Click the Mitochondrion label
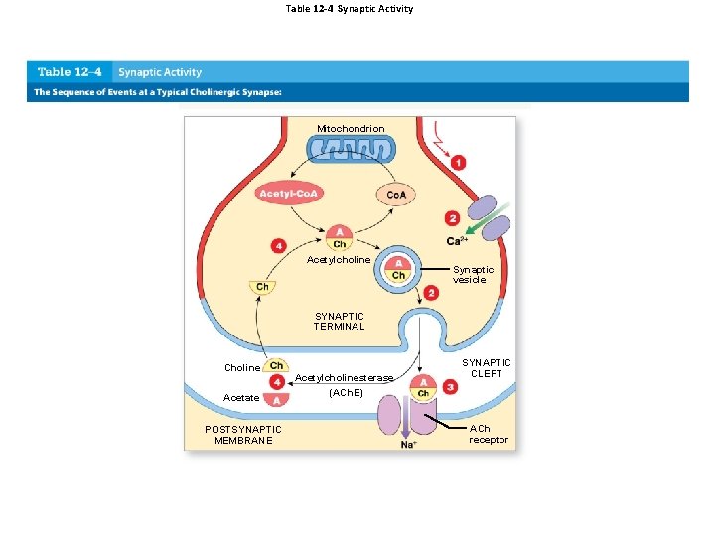pos(351,129)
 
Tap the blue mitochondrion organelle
pos(351,151)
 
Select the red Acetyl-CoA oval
pos(287,193)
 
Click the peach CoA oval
pos(395,195)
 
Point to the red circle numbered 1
pos(458,162)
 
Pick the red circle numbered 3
pos(451,387)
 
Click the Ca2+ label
pos(458,241)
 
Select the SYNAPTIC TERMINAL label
pos(340,321)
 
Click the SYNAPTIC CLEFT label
pos(487,368)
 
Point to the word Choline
pos(242,368)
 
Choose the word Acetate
pos(242,398)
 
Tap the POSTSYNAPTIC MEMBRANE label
pos(243,434)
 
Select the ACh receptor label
pos(488,434)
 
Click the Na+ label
pos(408,444)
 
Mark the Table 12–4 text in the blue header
pos(69,72)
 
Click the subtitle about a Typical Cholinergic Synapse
pos(159,92)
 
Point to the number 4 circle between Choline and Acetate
pos(277,382)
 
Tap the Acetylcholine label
pos(339,260)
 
